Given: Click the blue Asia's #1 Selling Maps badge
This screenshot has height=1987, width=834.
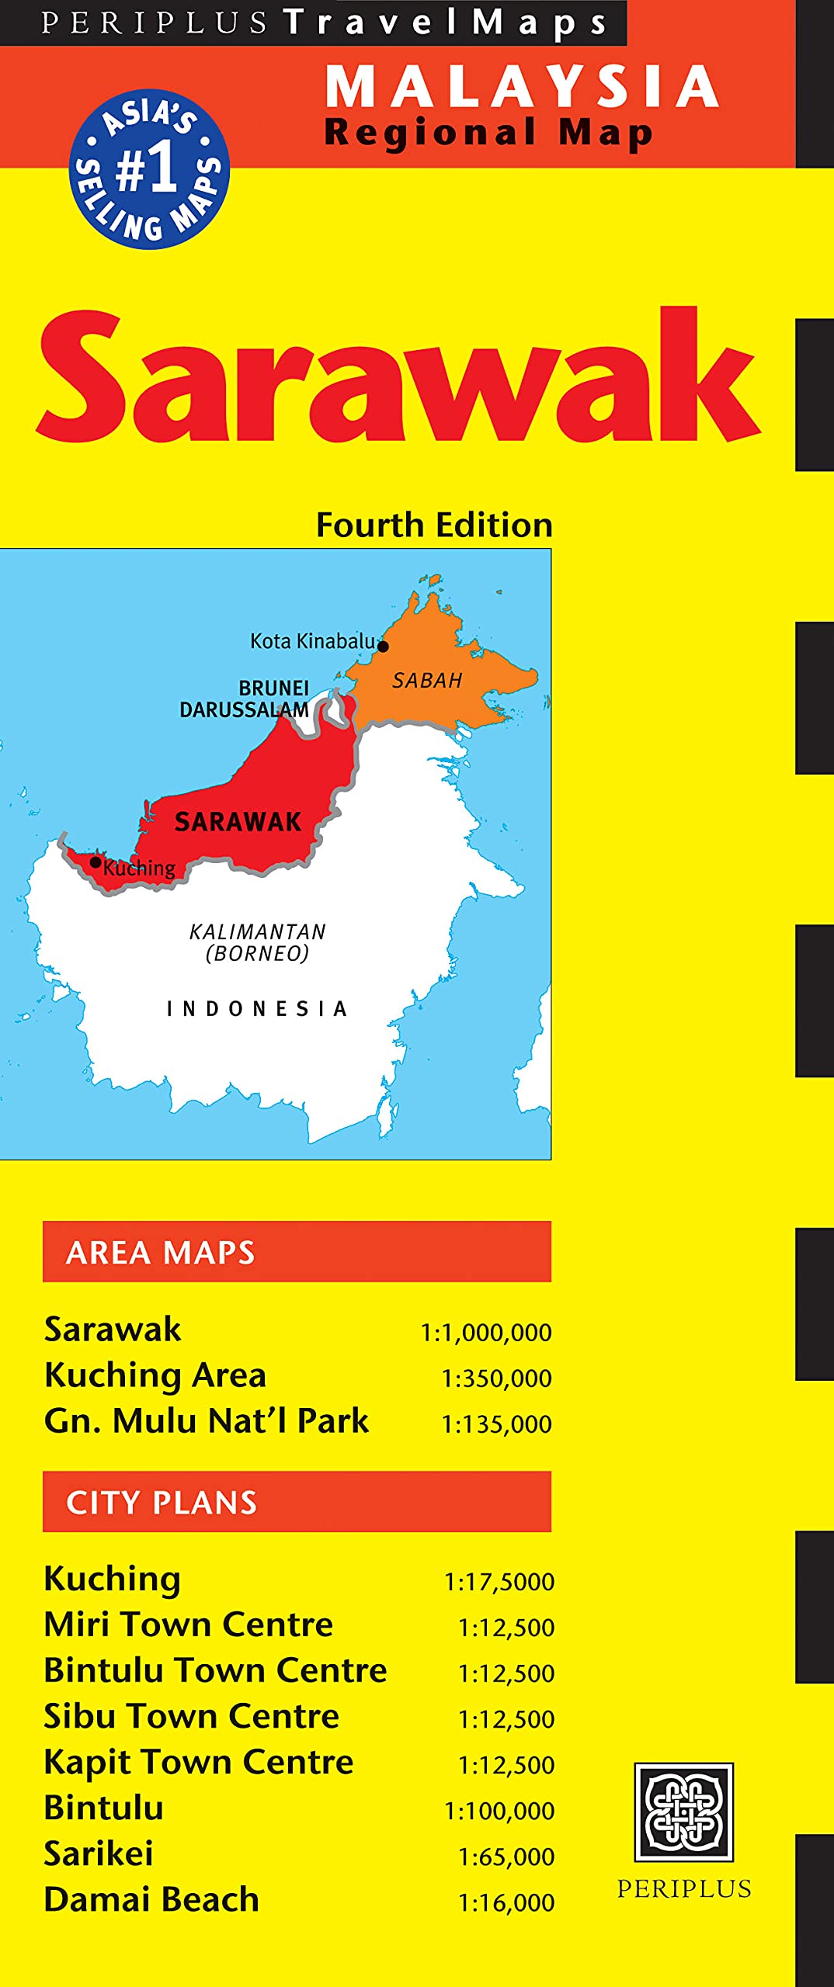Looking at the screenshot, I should tap(149, 169).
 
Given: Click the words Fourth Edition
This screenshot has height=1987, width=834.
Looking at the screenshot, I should tap(434, 525).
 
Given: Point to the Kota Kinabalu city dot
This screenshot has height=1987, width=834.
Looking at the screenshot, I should tap(383, 646).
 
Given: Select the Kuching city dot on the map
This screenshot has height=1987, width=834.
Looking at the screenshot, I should tap(96, 862).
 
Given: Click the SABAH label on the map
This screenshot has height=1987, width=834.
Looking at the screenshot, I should tap(426, 681).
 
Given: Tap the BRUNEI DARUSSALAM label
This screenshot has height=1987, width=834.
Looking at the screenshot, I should tap(245, 699).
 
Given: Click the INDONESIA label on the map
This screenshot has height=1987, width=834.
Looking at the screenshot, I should tap(257, 1008).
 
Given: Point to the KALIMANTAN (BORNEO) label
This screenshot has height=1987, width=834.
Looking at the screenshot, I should tap(258, 941).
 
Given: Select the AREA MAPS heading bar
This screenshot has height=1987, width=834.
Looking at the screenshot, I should tap(297, 1251).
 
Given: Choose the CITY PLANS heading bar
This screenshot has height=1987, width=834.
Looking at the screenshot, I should tap(297, 1501).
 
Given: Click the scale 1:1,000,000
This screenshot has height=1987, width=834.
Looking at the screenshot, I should tap(486, 1333).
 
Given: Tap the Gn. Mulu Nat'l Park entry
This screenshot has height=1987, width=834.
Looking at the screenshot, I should tap(207, 1420).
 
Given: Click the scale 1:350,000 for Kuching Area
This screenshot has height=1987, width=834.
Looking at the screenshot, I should tap(496, 1378).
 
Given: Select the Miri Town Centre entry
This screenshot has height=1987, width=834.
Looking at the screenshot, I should tap(189, 1624).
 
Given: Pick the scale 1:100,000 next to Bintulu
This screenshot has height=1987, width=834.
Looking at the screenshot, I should tap(499, 1811).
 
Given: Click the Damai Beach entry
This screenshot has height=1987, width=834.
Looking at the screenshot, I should tap(151, 1899).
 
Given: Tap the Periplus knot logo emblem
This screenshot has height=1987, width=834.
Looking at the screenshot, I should tap(683, 1812).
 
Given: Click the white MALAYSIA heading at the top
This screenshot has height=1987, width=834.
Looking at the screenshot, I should tap(522, 87).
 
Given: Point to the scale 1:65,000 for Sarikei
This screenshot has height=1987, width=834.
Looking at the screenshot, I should tap(506, 1857).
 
